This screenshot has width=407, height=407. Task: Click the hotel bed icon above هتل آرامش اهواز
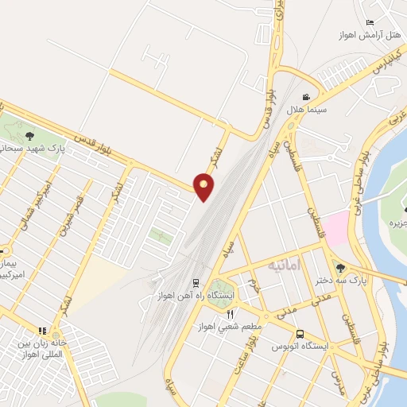pos(369,22)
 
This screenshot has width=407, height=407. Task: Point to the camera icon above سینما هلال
pos(306,96)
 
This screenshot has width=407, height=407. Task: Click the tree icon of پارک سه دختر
pos(341,267)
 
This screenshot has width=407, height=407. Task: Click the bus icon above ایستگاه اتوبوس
pos(300,335)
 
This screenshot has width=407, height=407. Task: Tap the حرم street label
pos(254,282)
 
